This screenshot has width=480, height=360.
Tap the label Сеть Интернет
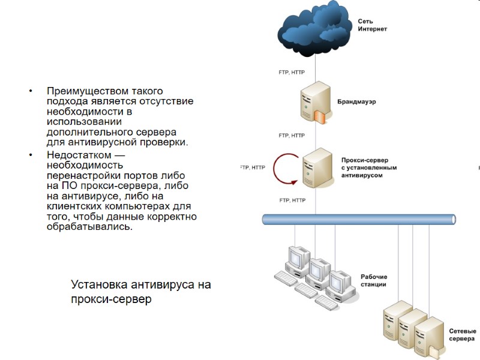pyautogui.click(x=373, y=25)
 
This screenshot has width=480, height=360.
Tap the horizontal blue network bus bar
pyautogui.click(x=360, y=219)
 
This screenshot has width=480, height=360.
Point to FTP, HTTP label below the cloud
pyautogui.click(x=292, y=72)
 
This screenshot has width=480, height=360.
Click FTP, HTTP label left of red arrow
pyautogui.click(x=252, y=167)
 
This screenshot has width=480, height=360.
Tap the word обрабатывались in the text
pyautogui.click(x=88, y=227)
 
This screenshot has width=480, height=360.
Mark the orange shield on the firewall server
pyautogui.click(x=322, y=116)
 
